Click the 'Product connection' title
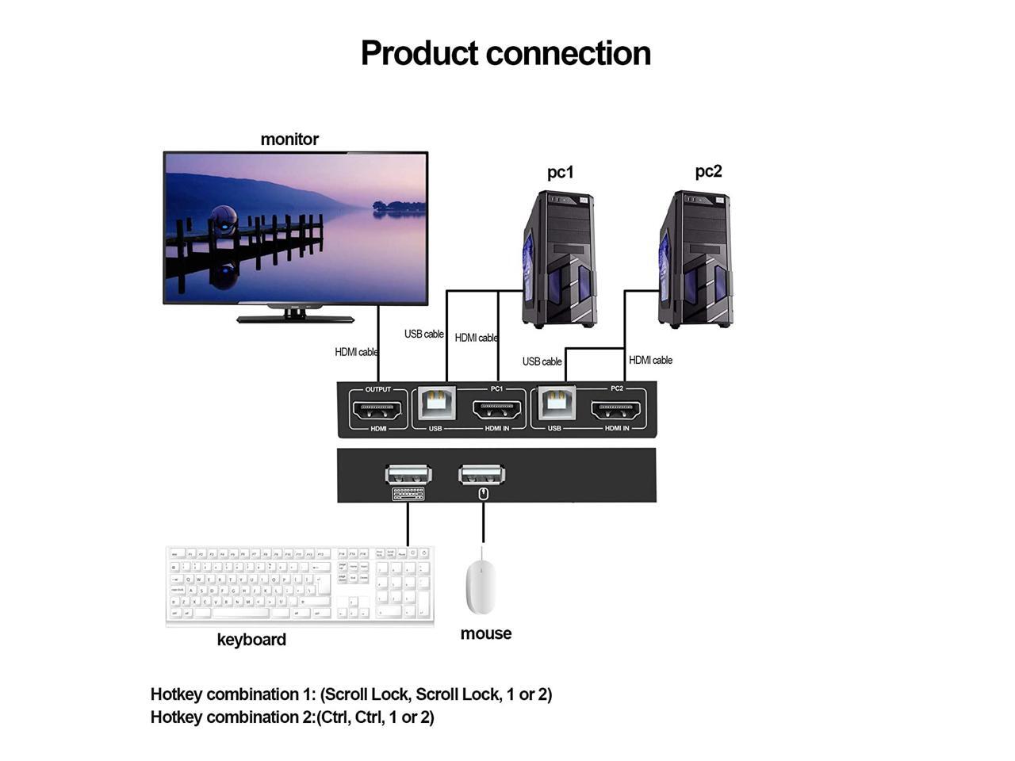pos(506,53)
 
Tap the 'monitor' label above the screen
pos(289,140)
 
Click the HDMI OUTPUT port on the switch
pos(378,410)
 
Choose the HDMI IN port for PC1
pos(497,410)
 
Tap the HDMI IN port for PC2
pos(616,410)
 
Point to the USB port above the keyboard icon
pos(408,475)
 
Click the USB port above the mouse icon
pos(482,475)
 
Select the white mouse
pos(481,586)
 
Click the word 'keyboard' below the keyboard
pos(251,640)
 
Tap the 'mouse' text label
pos(485,633)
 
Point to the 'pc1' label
pos(560,172)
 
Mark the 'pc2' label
pos(708,171)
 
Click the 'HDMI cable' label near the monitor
pos(356,352)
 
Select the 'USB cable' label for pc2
pos(542,361)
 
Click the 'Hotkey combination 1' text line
pos(351,694)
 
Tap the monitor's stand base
pos(295,319)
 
